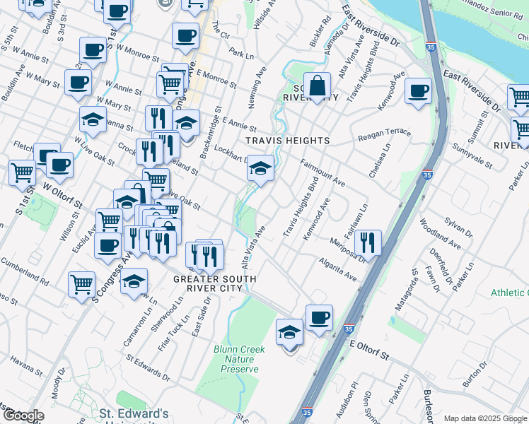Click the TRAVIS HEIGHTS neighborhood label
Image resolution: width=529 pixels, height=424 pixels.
point(287,141)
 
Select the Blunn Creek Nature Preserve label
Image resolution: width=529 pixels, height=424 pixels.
point(239,359)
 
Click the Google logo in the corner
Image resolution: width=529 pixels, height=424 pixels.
point(23,416)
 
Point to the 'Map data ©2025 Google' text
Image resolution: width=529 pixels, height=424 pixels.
point(485,418)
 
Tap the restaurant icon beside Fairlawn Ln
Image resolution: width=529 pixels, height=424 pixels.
point(368,242)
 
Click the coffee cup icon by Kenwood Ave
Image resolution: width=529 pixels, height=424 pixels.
point(418,90)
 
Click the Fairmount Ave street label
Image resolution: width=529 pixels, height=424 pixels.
point(322,172)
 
